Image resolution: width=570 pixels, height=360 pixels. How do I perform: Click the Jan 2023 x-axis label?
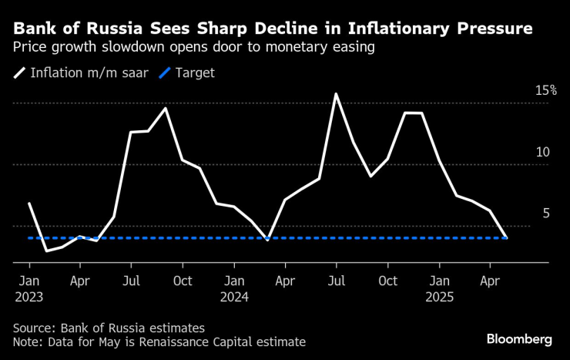28,288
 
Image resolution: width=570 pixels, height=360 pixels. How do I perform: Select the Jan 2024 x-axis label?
234,288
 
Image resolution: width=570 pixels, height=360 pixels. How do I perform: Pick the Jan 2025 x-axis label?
439,288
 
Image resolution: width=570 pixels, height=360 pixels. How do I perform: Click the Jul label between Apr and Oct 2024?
337,281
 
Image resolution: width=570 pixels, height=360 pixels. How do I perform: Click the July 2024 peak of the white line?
336,94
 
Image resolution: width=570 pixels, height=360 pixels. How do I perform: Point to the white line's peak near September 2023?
166,108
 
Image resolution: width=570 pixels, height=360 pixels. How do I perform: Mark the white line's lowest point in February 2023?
46,251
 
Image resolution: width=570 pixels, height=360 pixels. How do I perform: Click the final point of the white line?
506,237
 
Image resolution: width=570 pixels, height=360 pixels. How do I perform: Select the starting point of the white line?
28,204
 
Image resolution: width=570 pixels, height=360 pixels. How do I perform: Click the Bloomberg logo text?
519,339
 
